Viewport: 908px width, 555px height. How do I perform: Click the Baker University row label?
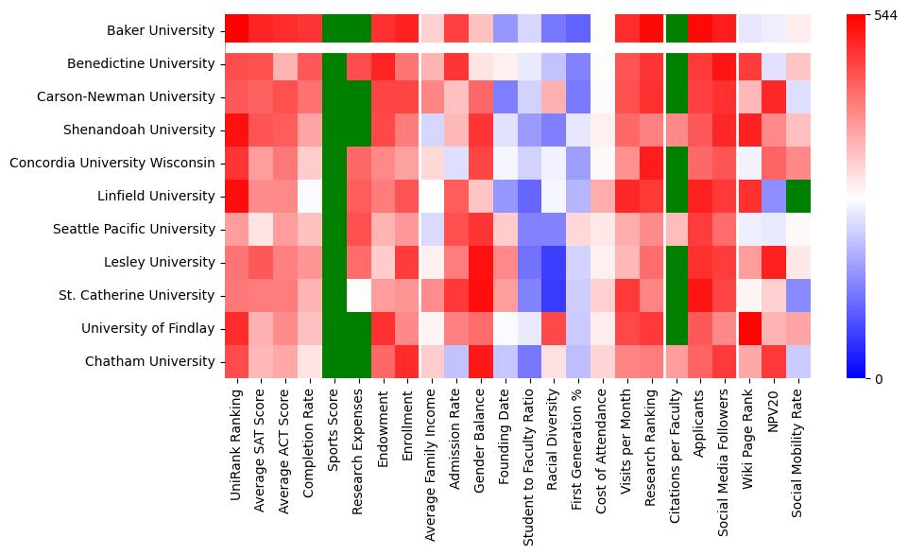[162, 30]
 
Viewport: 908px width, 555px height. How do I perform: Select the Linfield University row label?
[157, 196]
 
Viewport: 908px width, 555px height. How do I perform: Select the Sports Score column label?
[334, 426]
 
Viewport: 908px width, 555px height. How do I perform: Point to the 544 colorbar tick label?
[886, 16]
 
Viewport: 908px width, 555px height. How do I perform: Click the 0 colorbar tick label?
[880, 379]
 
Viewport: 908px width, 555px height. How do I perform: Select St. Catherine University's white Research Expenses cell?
[358, 295]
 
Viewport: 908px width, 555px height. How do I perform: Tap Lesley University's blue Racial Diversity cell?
[555, 262]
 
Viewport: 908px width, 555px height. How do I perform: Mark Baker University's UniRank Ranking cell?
[236, 30]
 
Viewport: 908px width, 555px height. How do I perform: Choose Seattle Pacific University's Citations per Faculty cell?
[677, 229]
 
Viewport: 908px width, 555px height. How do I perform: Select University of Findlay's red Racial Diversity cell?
[555, 328]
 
